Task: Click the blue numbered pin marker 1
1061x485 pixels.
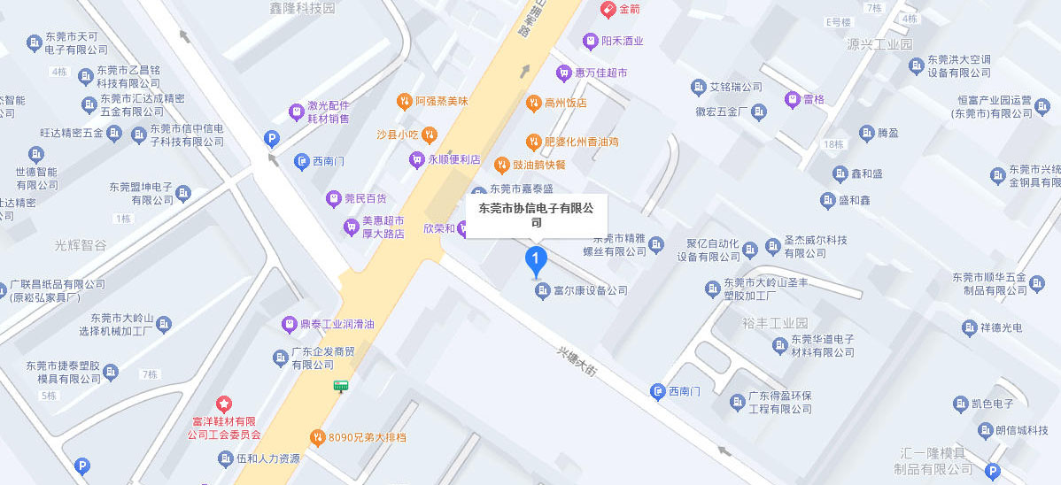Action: pos(536,260)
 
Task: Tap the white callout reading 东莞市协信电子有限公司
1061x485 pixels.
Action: pos(536,215)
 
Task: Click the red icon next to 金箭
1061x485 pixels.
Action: pos(608,9)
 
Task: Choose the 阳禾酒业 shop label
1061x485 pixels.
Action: pos(622,41)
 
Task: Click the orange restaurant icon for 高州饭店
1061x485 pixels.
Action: pos(533,103)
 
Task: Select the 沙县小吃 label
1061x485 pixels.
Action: pos(397,135)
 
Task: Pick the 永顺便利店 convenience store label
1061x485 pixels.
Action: pos(453,160)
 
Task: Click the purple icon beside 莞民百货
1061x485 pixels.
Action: pos(333,199)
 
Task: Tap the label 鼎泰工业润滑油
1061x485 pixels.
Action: pos(337,324)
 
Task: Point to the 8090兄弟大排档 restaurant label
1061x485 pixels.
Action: pos(367,437)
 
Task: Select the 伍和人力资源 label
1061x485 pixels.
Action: pos(267,459)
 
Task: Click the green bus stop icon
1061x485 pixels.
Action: pos(341,386)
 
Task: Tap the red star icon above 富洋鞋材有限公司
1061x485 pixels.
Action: pos(224,404)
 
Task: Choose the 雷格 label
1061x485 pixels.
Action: pos(813,99)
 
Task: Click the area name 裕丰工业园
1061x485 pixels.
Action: pos(776,322)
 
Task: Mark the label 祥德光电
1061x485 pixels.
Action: pos(1004,327)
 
